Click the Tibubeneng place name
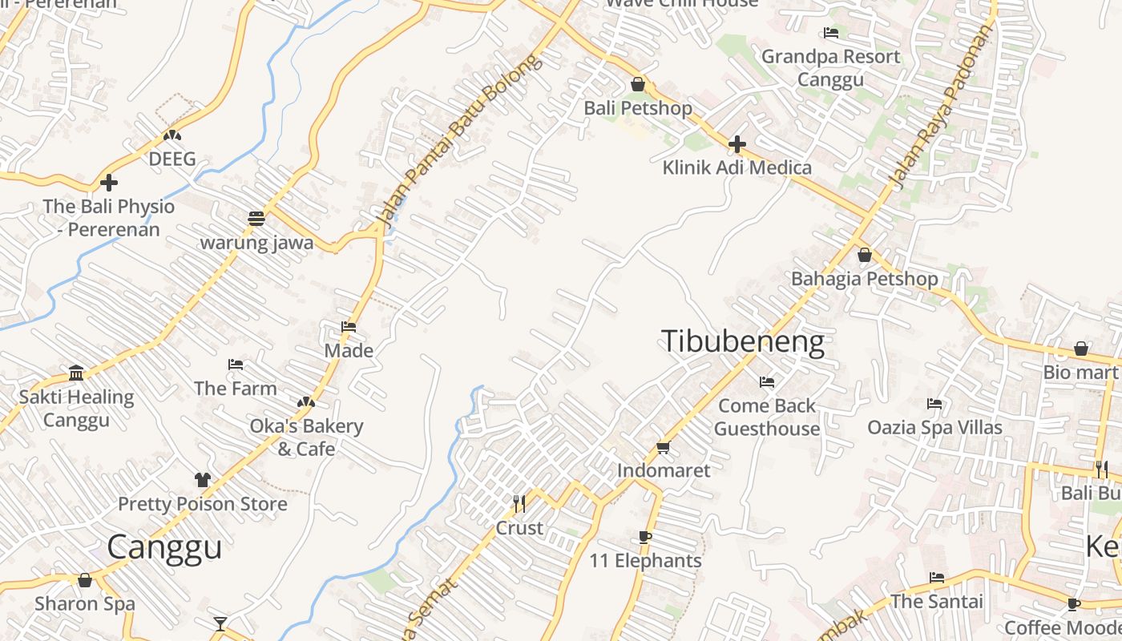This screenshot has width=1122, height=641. click(x=742, y=342)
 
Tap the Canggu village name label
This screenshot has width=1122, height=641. click(x=164, y=547)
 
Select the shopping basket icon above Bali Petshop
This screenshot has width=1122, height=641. click(x=638, y=84)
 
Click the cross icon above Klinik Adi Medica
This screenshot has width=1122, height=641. click(x=737, y=145)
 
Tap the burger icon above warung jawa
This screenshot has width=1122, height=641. click(x=256, y=219)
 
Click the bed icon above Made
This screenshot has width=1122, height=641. click(x=349, y=327)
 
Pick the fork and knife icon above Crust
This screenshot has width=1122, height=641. click(x=519, y=504)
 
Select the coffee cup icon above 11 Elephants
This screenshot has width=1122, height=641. click(x=645, y=537)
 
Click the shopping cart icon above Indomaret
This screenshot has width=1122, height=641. click(x=663, y=447)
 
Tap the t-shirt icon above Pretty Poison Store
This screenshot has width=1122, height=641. click(x=202, y=480)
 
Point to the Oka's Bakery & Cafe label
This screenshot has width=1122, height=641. click(x=306, y=437)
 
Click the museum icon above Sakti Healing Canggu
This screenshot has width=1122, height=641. click(x=76, y=373)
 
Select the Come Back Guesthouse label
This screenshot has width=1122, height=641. click(x=767, y=417)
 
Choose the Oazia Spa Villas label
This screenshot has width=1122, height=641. click(x=934, y=427)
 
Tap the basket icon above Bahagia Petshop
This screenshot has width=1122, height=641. click(x=864, y=256)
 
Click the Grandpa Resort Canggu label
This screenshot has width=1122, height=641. click(x=830, y=68)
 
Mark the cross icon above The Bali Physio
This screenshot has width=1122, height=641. click(x=108, y=183)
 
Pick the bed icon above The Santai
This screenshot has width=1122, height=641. click(x=936, y=578)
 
